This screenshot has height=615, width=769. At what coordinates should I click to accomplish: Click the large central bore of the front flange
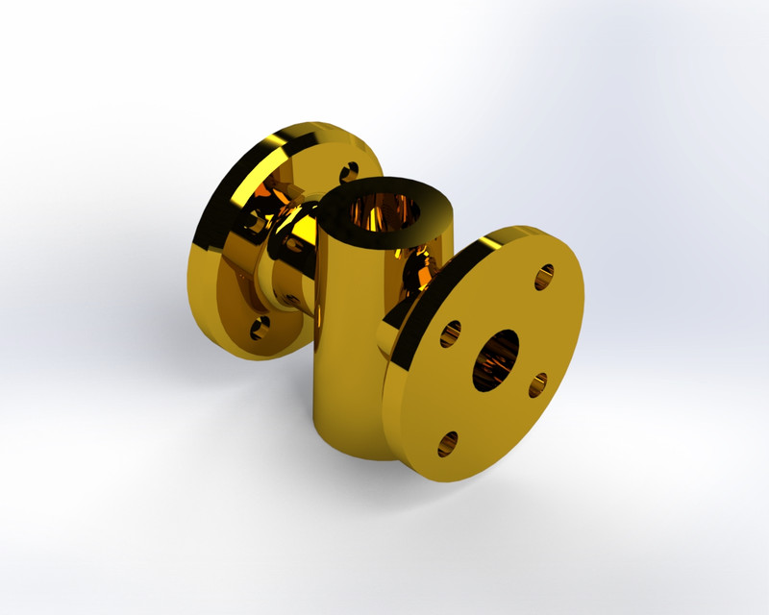point(495,360)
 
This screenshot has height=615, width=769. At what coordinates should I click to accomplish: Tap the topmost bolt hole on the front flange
point(544,277)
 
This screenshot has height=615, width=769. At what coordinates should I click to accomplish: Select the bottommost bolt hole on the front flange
point(447,443)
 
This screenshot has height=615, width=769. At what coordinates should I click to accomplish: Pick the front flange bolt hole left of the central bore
point(450,334)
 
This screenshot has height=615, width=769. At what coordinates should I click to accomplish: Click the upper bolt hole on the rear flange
point(347,174)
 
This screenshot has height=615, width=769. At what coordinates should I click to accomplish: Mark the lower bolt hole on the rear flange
point(258,330)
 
